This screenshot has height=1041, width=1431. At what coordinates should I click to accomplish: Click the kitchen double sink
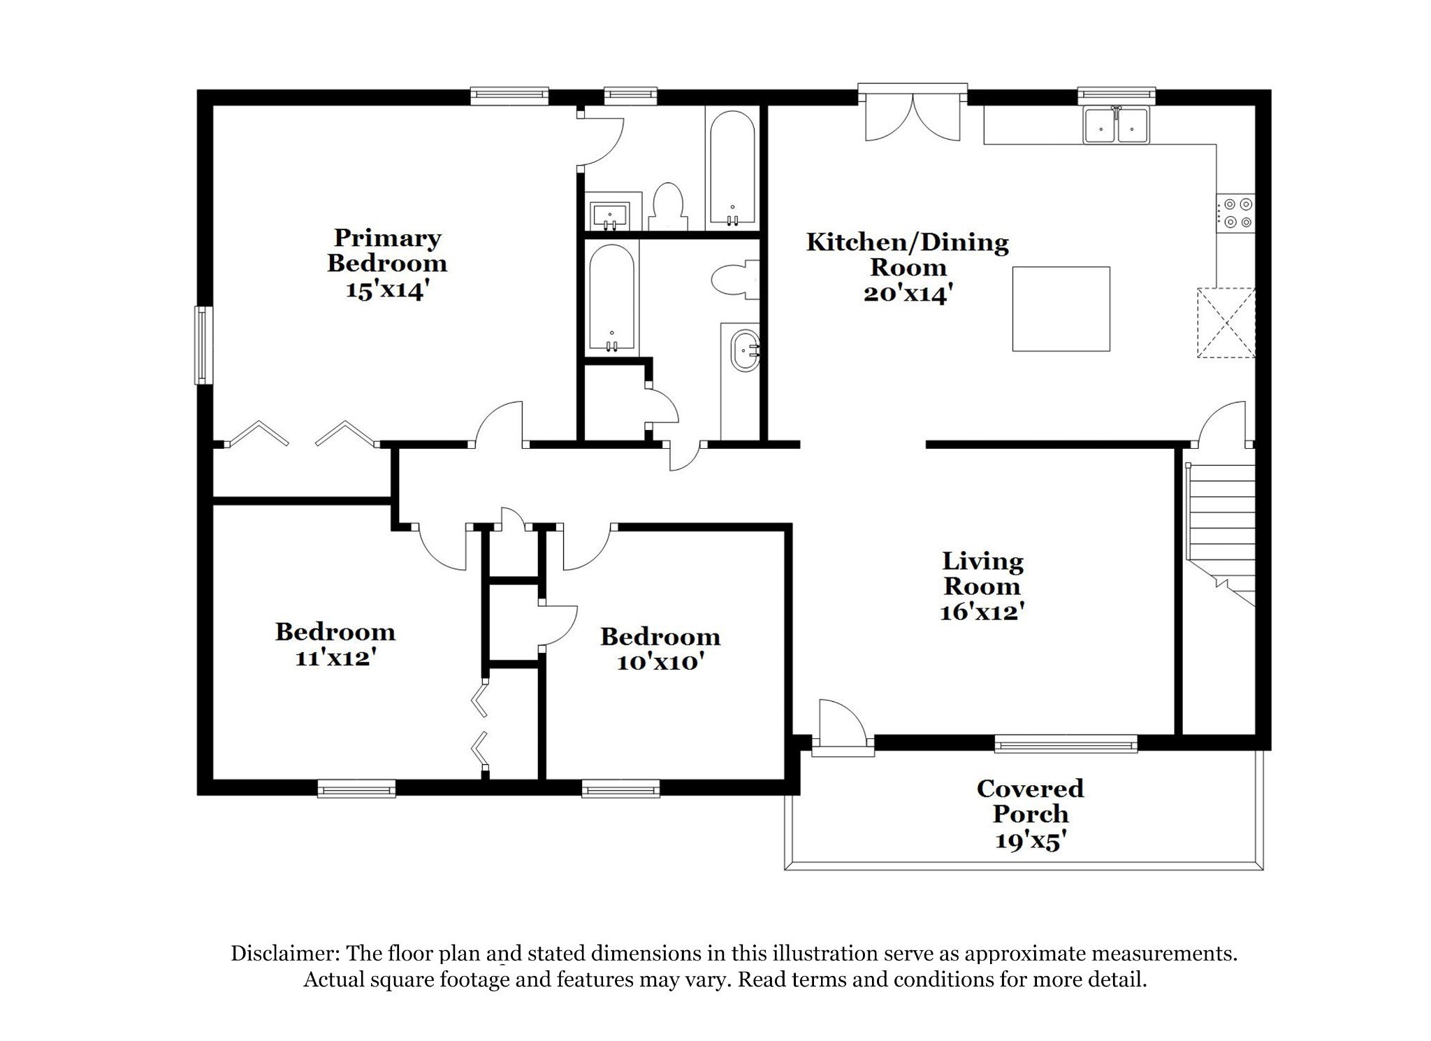point(1116,126)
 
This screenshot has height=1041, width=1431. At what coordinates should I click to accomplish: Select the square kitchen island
point(1061,308)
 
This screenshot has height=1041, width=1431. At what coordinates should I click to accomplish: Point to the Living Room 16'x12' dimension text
point(982,612)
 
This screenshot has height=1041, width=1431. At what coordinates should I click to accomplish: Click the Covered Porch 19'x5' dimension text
point(1030,840)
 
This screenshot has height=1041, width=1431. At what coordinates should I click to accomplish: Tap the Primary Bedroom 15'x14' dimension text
point(386,289)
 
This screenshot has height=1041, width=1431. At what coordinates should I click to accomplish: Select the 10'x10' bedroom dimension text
point(660,661)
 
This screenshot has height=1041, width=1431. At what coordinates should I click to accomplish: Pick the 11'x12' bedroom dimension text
point(336,657)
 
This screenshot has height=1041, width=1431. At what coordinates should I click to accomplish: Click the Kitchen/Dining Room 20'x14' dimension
point(908,293)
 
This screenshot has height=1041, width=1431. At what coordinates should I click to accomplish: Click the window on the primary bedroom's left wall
point(203,345)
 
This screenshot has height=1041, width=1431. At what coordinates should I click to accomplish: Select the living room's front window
point(1066,744)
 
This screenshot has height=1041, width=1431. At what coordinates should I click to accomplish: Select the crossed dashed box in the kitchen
point(1226,323)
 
